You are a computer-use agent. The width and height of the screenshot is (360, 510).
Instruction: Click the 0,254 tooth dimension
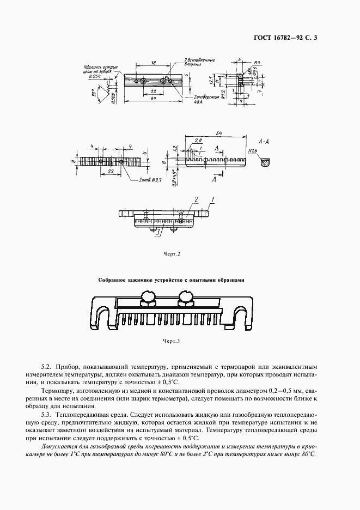click(x=95, y=77)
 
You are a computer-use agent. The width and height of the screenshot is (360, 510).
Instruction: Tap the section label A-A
click(x=263, y=141)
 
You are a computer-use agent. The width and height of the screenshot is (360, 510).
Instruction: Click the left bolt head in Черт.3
click(x=148, y=296)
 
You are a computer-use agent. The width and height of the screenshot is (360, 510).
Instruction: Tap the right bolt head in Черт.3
click(x=186, y=296)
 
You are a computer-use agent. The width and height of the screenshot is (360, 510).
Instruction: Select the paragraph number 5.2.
click(x=47, y=368)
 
